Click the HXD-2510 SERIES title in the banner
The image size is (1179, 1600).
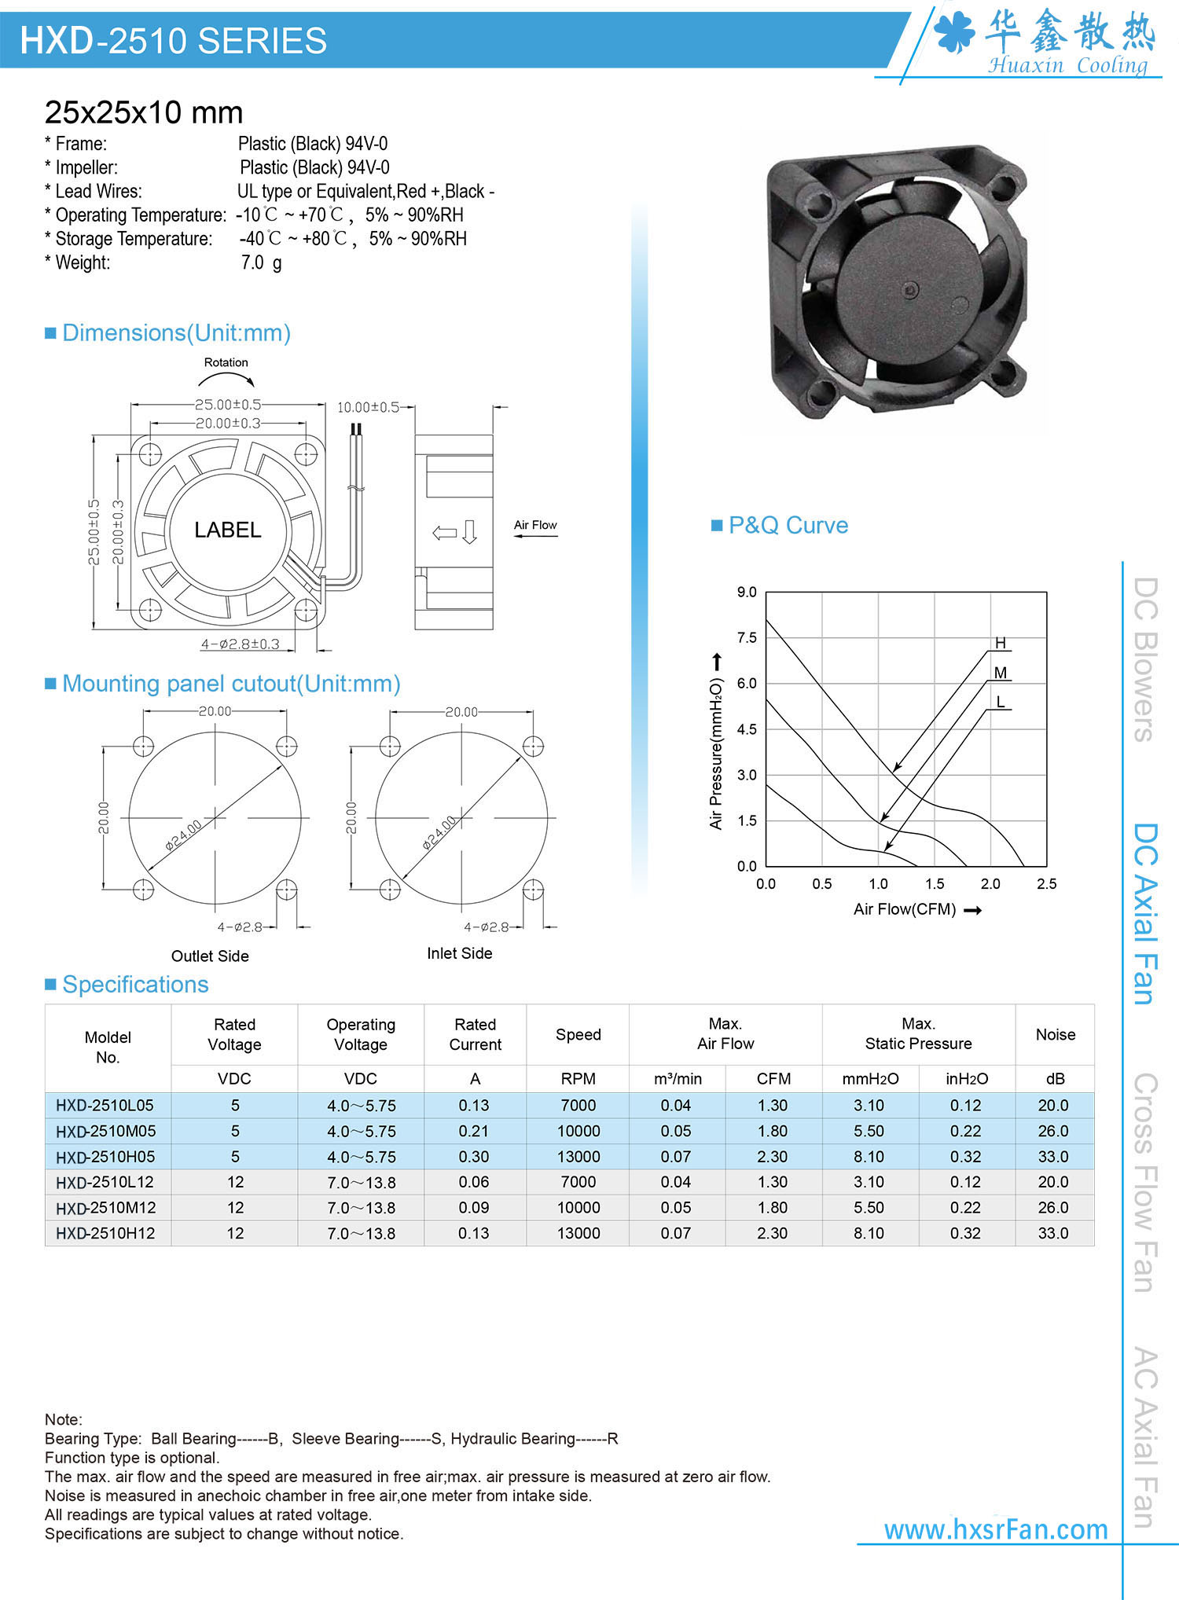pyautogui.click(x=173, y=41)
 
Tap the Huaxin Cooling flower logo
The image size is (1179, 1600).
pyautogui.click(x=954, y=33)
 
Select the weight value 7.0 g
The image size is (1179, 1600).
pyautogui.click(x=261, y=262)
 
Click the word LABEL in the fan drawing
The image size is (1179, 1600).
pyautogui.click(x=227, y=530)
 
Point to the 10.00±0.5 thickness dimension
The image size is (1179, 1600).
pyautogui.click(x=368, y=407)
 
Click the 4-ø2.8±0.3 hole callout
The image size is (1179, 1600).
pyautogui.click(x=240, y=644)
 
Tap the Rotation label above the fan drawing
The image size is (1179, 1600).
pyautogui.click(x=226, y=362)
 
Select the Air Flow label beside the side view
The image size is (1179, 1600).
pyautogui.click(x=535, y=525)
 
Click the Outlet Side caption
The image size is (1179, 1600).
pyautogui.click(x=210, y=956)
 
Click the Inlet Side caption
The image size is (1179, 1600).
pyautogui.click(x=460, y=953)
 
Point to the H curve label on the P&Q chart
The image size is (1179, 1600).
pyautogui.click(x=1000, y=643)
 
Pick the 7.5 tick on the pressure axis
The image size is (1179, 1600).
pyautogui.click(x=747, y=637)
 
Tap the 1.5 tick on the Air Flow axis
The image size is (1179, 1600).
pyautogui.click(x=935, y=884)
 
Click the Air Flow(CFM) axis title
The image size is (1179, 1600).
pyautogui.click(x=905, y=909)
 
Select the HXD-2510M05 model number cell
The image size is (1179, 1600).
pyautogui.click(x=105, y=1131)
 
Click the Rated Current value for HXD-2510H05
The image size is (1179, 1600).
pyautogui.click(x=474, y=1157)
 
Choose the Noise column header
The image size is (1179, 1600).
pyautogui.click(x=1055, y=1034)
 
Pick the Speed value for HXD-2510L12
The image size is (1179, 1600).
pyautogui.click(x=578, y=1182)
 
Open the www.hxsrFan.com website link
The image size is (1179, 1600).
pyautogui.click(x=996, y=1529)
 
